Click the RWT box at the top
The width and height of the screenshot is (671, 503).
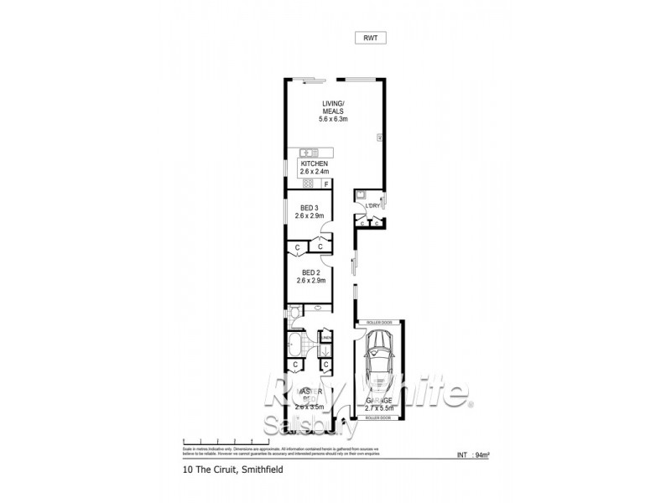point(369,38)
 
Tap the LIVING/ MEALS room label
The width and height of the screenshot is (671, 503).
point(333,112)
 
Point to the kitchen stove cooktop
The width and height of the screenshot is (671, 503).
point(307,184)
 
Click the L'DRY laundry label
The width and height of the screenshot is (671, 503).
point(372,205)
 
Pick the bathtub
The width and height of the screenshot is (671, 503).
point(298,345)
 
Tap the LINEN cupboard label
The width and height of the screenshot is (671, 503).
point(322,338)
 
